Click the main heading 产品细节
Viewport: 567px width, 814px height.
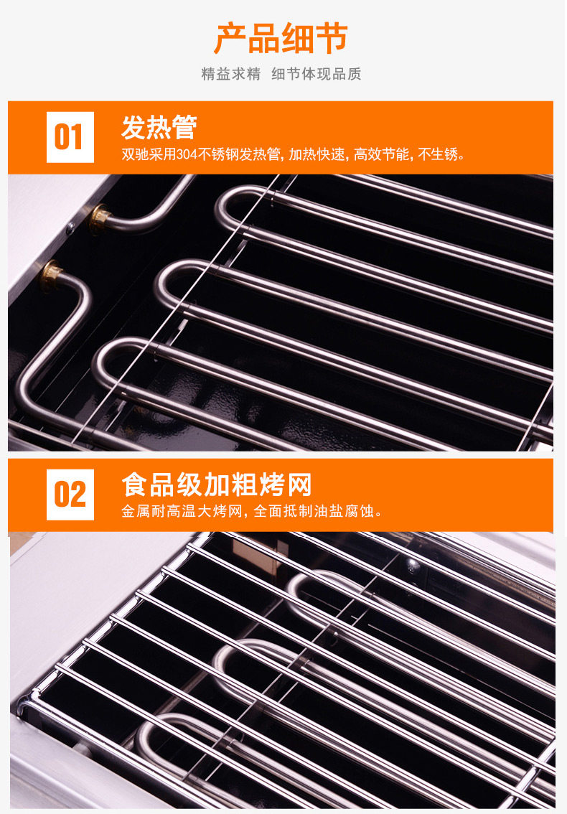pos(281,39)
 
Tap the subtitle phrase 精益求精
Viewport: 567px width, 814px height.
pos(231,74)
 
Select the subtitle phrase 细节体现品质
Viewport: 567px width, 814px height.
pos(317,74)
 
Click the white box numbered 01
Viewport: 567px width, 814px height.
pos(70,137)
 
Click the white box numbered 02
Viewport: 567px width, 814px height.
pos(70,494)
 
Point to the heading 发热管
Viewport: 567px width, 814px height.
pos(159,127)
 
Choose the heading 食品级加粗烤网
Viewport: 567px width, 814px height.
pos(217,485)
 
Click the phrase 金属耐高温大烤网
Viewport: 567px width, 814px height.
pos(182,511)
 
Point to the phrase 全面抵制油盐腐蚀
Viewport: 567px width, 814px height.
pos(314,511)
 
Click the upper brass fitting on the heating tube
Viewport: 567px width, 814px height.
pos(99,217)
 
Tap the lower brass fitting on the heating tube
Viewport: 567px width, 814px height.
pos(51,275)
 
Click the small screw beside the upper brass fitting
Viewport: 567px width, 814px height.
pos(70,227)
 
